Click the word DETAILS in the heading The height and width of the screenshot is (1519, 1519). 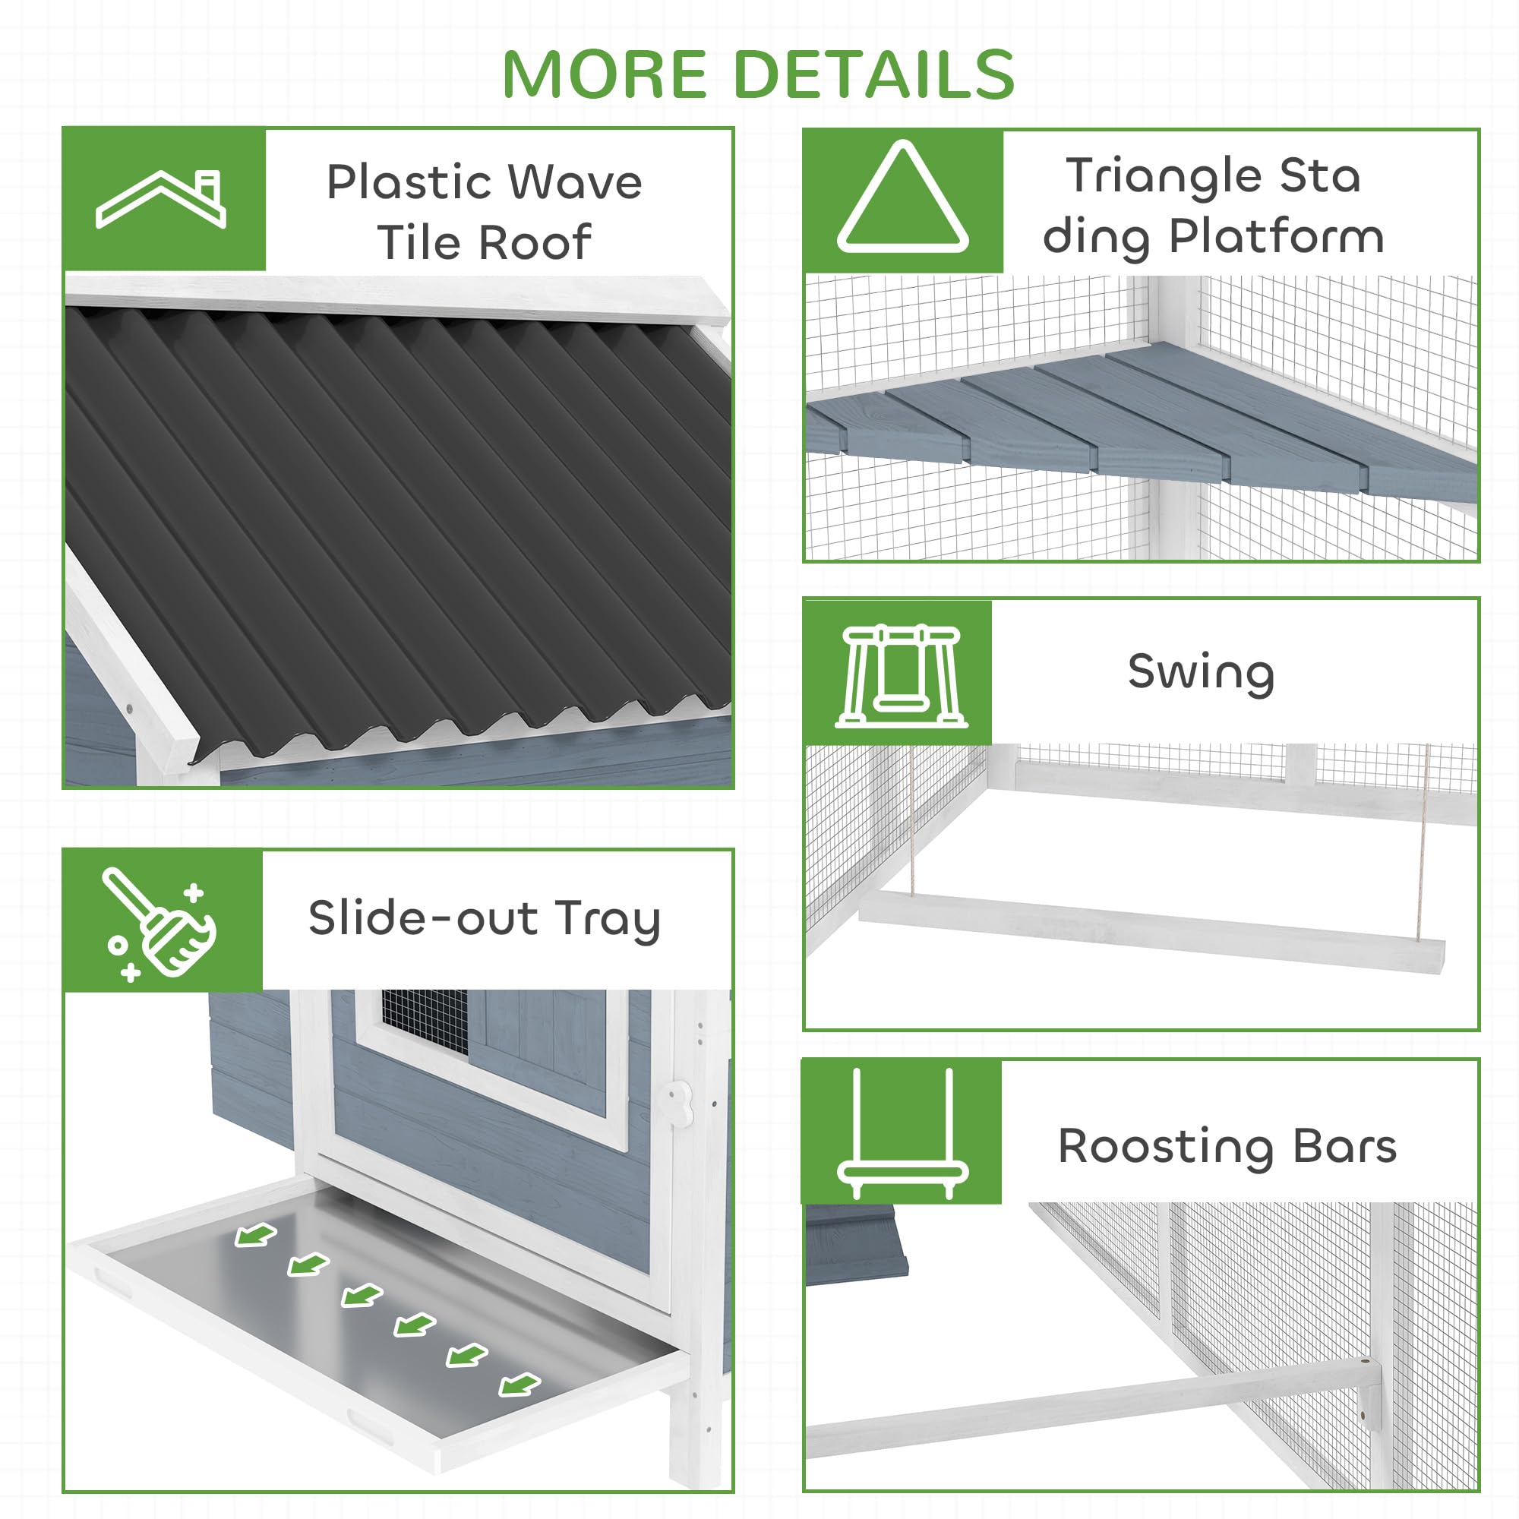coord(873,74)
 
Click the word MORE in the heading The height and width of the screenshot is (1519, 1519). coord(605,74)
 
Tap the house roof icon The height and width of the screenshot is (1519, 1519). coord(162,200)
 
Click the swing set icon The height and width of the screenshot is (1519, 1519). coord(901,676)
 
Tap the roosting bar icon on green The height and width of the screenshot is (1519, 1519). coord(902,1134)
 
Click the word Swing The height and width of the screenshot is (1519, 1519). coord(1201,673)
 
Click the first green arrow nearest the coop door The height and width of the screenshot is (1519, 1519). coord(255,1236)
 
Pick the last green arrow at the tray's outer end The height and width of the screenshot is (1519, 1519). coord(519,1385)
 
